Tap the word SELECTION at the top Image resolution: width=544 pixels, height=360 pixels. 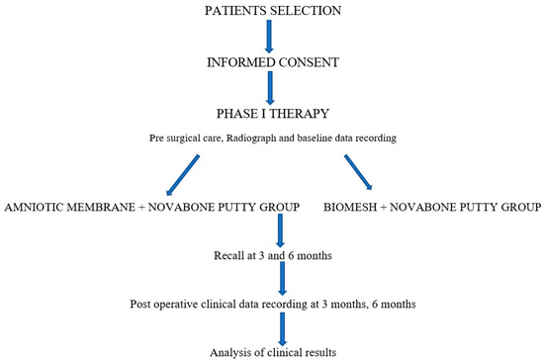pos(308,10)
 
